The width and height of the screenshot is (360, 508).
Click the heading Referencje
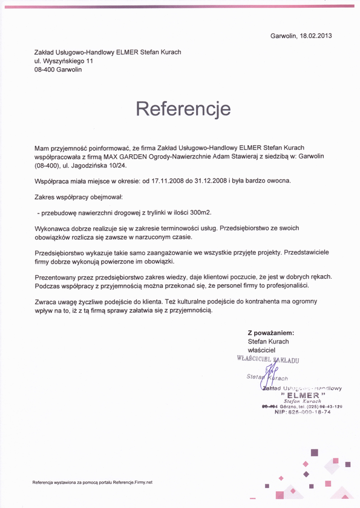(x=183, y=109)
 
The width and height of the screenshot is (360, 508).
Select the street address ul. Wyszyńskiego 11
(x=64, y=61)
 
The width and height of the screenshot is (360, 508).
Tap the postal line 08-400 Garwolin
(x=58, y=70)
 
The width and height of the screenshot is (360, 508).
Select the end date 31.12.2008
(x=208, y=180)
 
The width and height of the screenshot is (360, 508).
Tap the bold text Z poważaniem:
(x=270, y=333)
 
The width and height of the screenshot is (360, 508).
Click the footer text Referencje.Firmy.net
(x=125, y=483)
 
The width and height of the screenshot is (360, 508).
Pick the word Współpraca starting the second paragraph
(x=54, y=180)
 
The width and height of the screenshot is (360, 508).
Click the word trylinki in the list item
(x=153, y=212)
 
